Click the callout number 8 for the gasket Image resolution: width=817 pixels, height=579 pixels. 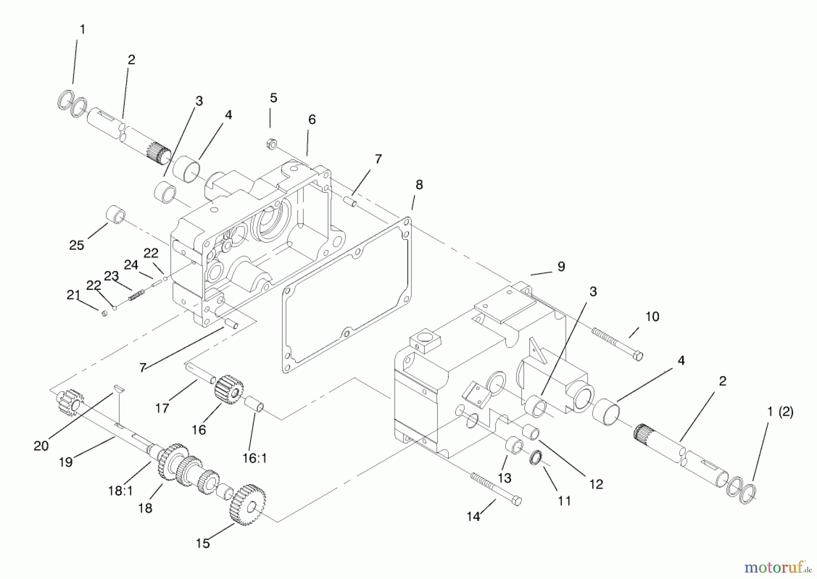tap(419, 185)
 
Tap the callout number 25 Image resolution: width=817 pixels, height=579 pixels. tap(76, 245)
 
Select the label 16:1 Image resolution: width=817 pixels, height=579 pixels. tap(255, 458)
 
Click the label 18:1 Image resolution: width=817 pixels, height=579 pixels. tap(120, 491)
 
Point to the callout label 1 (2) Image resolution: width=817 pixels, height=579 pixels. tap(780, 412)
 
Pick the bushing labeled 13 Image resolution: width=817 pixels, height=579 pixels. tap(513, 445)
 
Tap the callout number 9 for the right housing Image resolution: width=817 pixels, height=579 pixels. tap(561, 267)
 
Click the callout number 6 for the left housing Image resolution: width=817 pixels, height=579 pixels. tap(311, 119)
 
